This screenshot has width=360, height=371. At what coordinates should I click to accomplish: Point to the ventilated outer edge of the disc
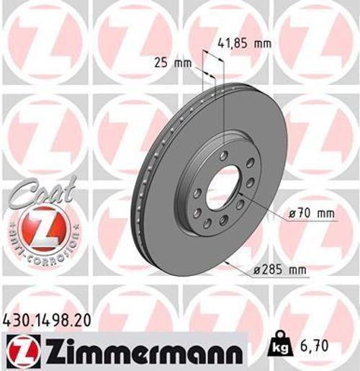tap(141, 195)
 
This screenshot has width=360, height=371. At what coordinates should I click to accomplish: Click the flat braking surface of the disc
tap(266, 144)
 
